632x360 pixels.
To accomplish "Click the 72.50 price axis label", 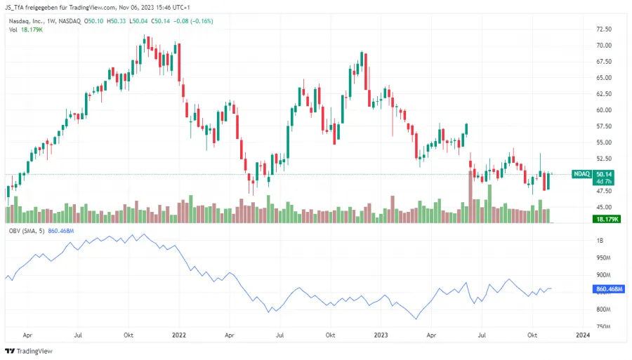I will pyautogui.click(x=603, y=29).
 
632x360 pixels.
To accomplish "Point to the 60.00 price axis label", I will pyautogui.click(x=603, y=110).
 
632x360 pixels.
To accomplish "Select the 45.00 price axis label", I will pyautogui.click(x=603, y=207).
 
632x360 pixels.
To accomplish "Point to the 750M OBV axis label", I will pyautogui.click(x=603, y=326).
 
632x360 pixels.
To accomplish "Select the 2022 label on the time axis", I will pyautogui.click(x=179, y=336).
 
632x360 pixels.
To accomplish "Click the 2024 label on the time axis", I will pyautogui.click(x=582, y=336).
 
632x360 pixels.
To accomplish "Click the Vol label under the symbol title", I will pyautogui.click(x=11, y=31).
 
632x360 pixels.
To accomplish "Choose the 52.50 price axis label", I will pyautogui.click(x=603, y=159).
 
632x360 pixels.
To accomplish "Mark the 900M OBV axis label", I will pyautogui.click(x=603, y=275).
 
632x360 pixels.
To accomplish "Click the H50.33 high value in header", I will pyautogui.click(x=119, y=21).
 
